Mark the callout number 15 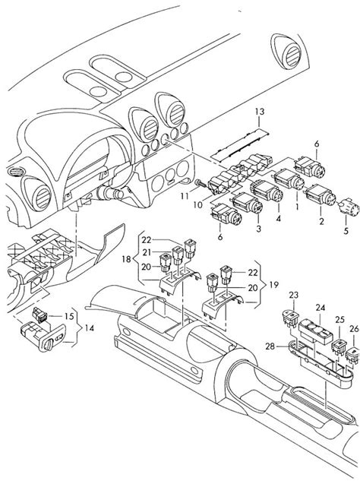click(68, 315)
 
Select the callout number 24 click(320, 308)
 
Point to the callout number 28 click(267, 346)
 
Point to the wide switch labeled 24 click(314, 332)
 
